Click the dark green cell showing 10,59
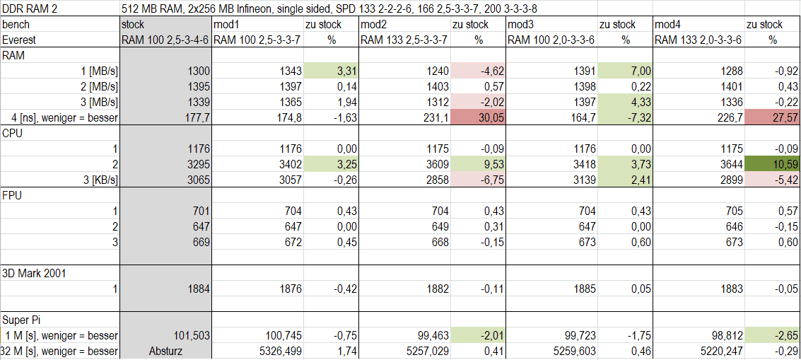click(771, 164)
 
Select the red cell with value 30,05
click(479, 117)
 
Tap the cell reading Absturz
click(165, 351)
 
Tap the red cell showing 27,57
click(771, 117)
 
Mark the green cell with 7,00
click(626, 71)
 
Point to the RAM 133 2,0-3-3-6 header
click(698, 40)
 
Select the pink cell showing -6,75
click(479, 180)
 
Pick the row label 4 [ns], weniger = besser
click(61, 117)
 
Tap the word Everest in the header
click(19, 40)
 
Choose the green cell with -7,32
click(626, 117)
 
